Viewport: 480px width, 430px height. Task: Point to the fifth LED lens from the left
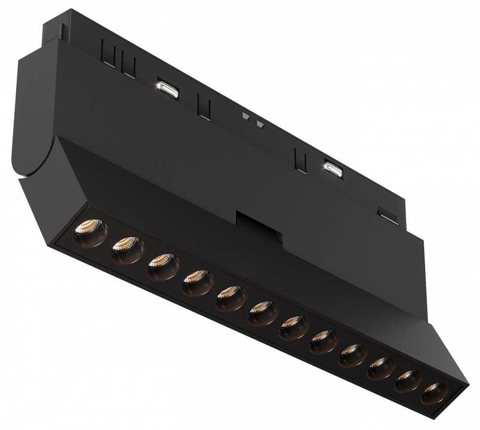229,297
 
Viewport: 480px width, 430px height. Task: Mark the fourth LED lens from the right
352,357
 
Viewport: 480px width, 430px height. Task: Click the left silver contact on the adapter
167,89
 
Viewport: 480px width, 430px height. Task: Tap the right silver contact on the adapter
333,168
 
